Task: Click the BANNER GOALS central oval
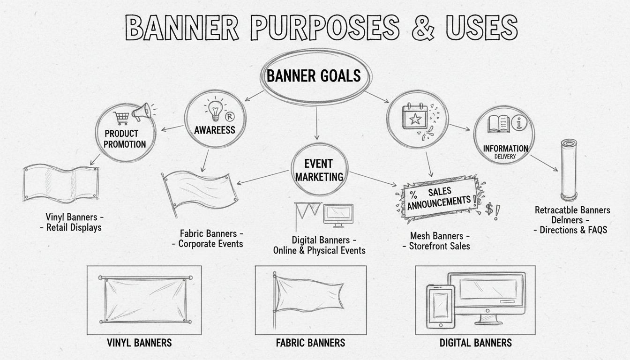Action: [x=314, y=76]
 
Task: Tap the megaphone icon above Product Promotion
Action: [x=142, y=112]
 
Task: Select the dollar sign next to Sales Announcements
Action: [x=489, y=209]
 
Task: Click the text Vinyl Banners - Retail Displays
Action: [x=74, y=223]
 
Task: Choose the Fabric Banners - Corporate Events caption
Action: [x=211, y=239]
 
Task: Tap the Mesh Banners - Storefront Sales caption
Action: [x=439, y=241]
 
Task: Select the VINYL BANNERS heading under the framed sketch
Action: [x=140, y=343]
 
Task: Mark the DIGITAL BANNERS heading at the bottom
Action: [x=475, y=343]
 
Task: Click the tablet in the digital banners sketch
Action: [x=440, y=305]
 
